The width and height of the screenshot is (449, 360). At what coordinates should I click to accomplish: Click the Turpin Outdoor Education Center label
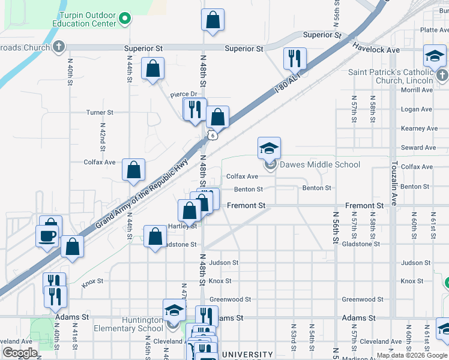pyautogui.click(x=88, y=19)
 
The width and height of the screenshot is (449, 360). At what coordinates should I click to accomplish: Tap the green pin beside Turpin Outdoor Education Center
pyautogui.click(x=125, y=19)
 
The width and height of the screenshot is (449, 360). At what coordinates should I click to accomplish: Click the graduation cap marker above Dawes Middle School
pyautogui.click(x=270, y=148)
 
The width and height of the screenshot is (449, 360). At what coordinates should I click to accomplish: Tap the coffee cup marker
pyautogui.click(x=47, y=236)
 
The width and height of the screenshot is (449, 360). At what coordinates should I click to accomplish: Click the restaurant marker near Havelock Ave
pyautogui.click(x=295, y=58)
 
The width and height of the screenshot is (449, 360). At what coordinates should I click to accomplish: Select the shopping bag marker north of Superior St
pyautogui.click(x=213, y=20)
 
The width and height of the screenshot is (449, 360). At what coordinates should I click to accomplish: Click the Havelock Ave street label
pyautogui.click(x=376, y=48)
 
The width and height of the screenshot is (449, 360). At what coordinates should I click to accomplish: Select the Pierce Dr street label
pyautogui.click(x=184, y=94)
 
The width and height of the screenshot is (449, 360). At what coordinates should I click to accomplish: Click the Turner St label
pyautogui.click(x=100, y=112)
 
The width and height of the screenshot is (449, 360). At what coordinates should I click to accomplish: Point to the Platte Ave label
pyautogui.click(x=435, y=29)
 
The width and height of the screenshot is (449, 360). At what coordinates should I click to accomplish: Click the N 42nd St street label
pyautogui.click(x=103, y=140)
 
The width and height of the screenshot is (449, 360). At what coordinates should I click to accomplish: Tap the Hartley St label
pyautogui.click(x=182, y=226)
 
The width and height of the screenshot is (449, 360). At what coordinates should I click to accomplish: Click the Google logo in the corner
pyautogui.click(x=19, y=353)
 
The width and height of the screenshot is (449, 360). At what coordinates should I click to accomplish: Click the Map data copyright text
pyautogui.click(x=412, y=355)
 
